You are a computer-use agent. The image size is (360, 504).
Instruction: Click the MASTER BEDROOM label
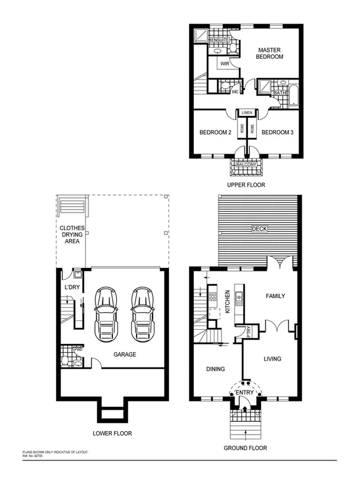[269, 53]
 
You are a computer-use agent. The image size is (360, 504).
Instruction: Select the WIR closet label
[224, 64]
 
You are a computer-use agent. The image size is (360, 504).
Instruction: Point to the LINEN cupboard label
[246, 112]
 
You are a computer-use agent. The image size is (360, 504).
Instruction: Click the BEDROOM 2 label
[214, 132]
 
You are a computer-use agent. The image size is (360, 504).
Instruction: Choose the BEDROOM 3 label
[277, 132]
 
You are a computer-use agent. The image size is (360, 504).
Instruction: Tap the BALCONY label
[246, 164]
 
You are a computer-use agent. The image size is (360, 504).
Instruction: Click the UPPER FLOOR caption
[246, 185]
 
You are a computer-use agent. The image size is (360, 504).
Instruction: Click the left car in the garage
[107, 313]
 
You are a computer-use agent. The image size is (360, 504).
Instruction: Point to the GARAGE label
[125, 354]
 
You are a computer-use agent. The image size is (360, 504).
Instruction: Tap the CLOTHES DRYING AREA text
[72, 235]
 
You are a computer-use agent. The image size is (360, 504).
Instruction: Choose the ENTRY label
[245, 392]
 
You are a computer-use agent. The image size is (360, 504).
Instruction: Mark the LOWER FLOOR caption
[113, 433]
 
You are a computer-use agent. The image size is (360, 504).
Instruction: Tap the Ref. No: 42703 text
[33, 455]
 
